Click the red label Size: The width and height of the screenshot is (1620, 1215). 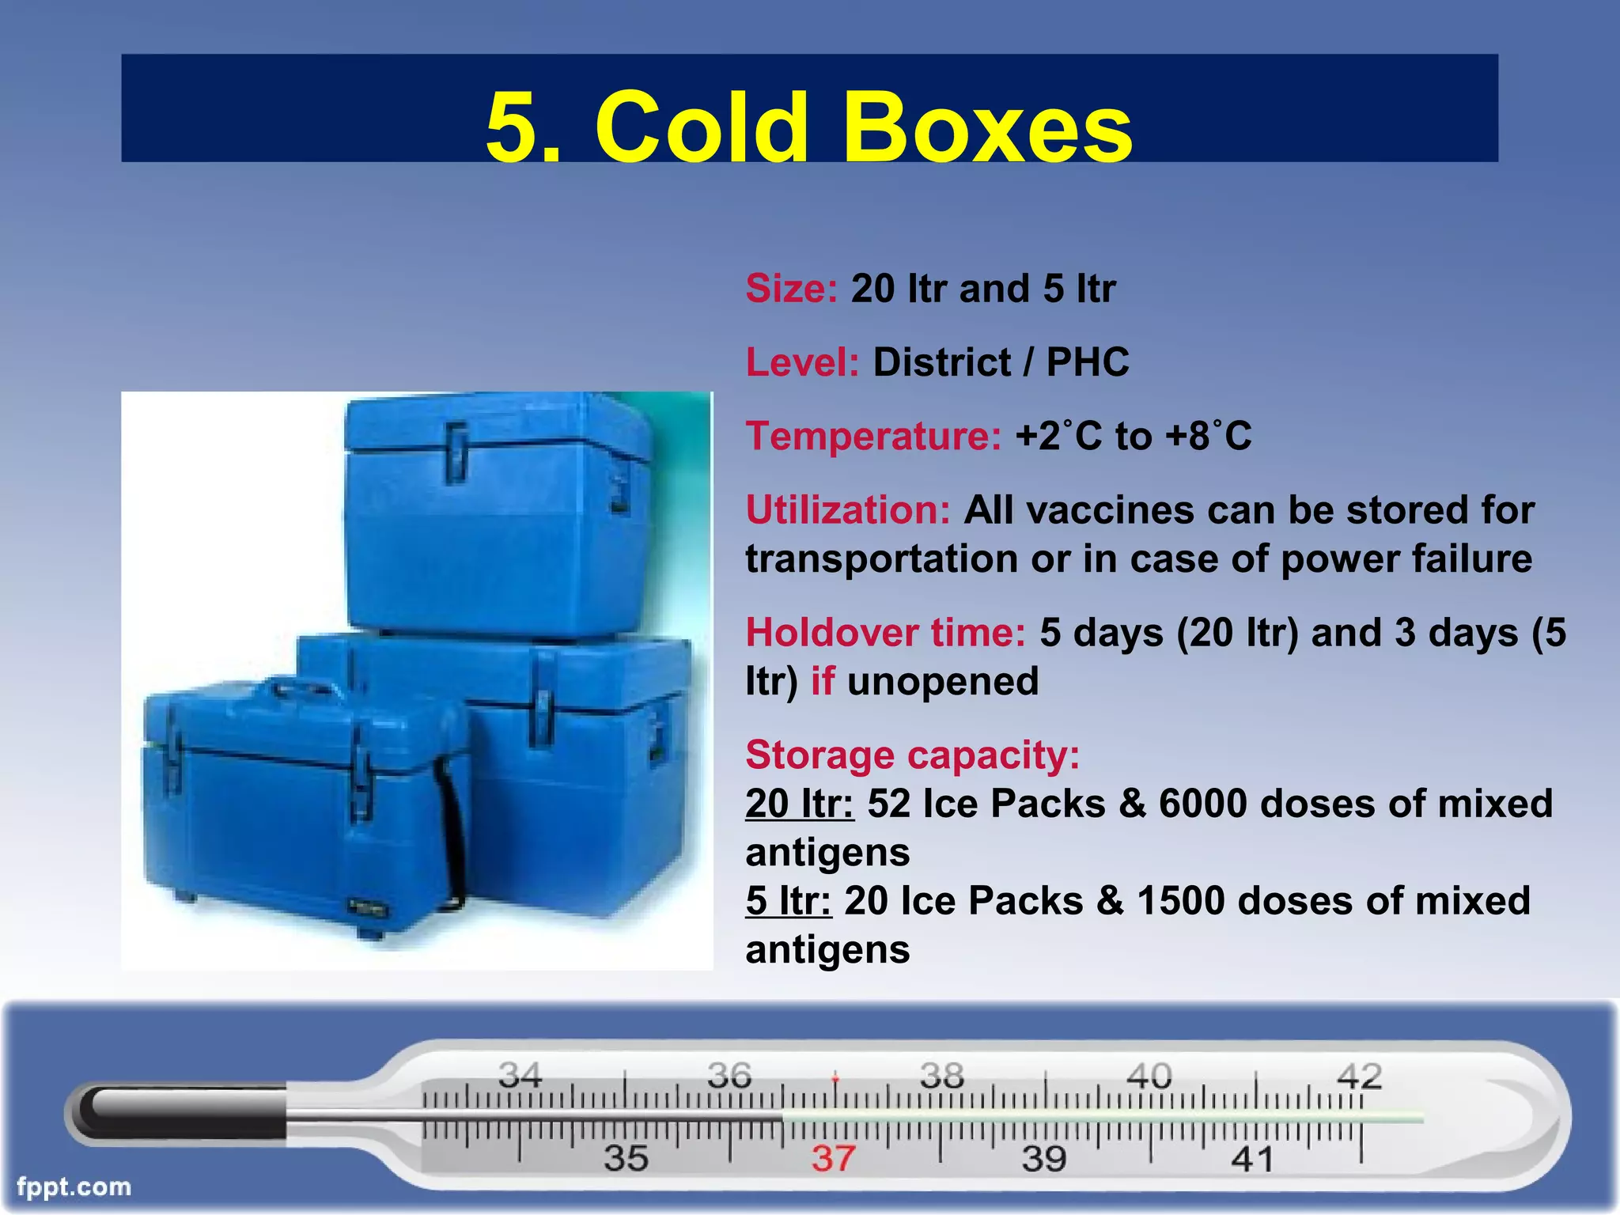pyautogui.click(x=791, y=289)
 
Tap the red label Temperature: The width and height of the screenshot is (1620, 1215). pyautogui.click(x=873, y=437)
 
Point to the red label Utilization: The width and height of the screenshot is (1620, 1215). pyautogui.click(x=847, y=510)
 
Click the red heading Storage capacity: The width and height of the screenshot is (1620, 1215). pyautogui.click(x=912, y=755)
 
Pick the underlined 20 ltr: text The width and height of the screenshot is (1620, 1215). pyautogui.click(x=800, y=804)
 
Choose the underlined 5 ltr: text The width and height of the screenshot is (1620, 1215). pyautogui.click(x=788, y=902)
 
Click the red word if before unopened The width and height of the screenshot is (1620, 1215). pyautogui.click(x=823, y=682)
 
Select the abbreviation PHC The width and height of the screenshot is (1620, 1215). pyautogui.click(x=1088, y=363)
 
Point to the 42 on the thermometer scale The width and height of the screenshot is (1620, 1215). pyautogui.click(x=1359, y=1077)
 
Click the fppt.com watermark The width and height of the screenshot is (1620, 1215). pyautogui.click(x=74, y=1187)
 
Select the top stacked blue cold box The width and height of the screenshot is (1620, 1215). pyautogui.click(x=498, y=514)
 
